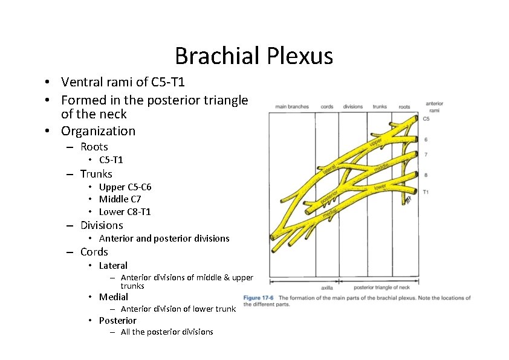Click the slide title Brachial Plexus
[x=254, y=56]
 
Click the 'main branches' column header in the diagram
[x=292, y=107]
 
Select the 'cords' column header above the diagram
[x=327, y=107]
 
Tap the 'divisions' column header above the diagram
[x=353, y=107]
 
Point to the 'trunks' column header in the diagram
[x=380, y=107]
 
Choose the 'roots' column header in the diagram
[x=404, y=107]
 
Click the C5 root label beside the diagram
[x=426, y=119]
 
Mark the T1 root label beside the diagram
[x=426, y=191]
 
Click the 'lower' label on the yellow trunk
[x=380, y=187]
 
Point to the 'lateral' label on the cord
[x=329, y=170]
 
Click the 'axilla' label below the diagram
[x=326, y=288]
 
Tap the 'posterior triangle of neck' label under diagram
[x=381, y=288]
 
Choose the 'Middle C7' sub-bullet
[x=123, y=199]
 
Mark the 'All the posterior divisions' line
[x=167, y=332]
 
